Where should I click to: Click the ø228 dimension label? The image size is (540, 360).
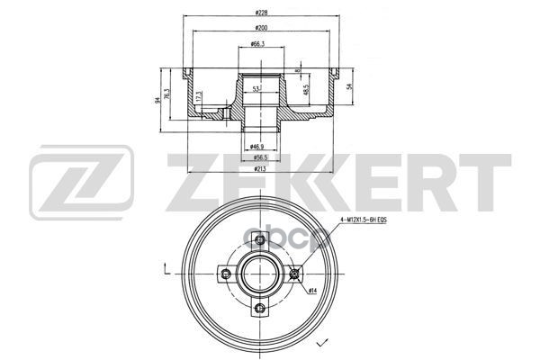262,13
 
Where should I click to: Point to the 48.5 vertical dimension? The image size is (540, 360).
305,91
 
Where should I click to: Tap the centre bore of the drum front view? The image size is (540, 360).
259,274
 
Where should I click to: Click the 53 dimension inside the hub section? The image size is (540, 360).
256,89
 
